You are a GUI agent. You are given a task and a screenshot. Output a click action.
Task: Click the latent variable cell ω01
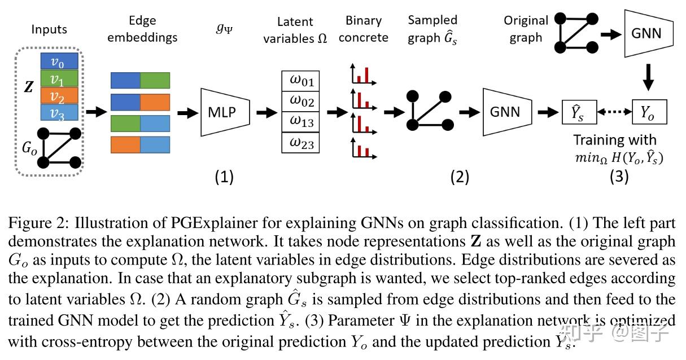(301, 81)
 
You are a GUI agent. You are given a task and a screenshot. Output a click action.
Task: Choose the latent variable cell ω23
(301, 143)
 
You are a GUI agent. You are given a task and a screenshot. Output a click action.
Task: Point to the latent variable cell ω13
(301, 122)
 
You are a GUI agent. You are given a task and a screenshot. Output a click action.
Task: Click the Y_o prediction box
(649, 112)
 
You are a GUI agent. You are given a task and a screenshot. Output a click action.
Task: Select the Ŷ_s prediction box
(579, 112)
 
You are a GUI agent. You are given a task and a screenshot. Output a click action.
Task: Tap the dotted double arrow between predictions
(614, 112)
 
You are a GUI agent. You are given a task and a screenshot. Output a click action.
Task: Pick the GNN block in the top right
(649, 34)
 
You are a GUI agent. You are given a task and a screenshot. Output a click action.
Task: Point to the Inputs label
(49, 29)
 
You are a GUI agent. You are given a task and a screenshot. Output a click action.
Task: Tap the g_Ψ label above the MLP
(224, 27)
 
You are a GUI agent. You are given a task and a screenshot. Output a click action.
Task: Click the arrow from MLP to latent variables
(263, 112)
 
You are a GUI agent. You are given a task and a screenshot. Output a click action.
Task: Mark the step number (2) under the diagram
(459, 177)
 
